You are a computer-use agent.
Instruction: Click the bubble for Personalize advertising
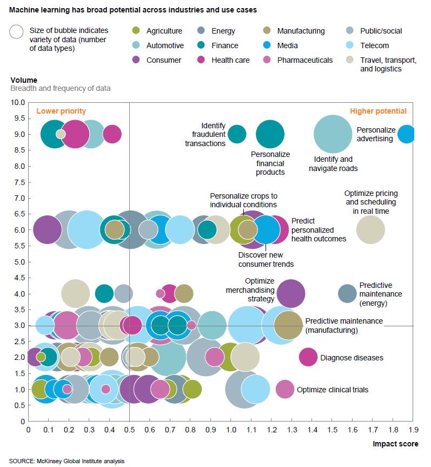tap(407, 134)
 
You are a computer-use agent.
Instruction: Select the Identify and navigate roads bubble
tap(333, 134)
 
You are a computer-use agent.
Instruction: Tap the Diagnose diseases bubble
tap(308, 357)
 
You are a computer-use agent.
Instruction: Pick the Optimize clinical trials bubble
tap(285, 389)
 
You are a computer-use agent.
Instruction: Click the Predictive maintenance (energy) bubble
tap(347, 293)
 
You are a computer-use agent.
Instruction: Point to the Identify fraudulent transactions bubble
tap(237, 134)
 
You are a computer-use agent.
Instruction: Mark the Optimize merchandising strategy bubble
tap(290, 293)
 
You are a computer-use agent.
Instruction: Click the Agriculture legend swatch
tap(136, 31)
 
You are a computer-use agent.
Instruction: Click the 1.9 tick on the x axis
tap(413, 431)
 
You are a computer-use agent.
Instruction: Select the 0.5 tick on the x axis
tap(130, 431)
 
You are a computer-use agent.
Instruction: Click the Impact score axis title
tap(395, 444)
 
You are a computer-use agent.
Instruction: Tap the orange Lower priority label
tap(61, 111)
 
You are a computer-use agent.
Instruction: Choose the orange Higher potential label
tap(378, 111)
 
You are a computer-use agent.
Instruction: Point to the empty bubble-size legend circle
tap(16, 31)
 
